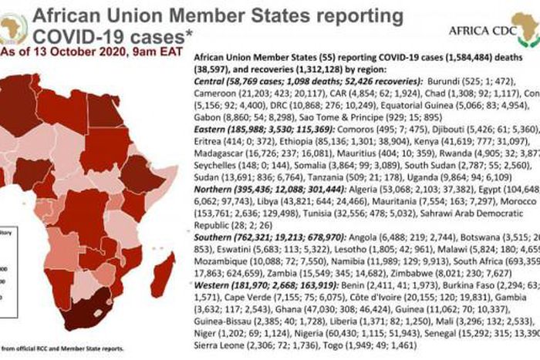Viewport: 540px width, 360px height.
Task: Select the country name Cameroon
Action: [215, 92]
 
